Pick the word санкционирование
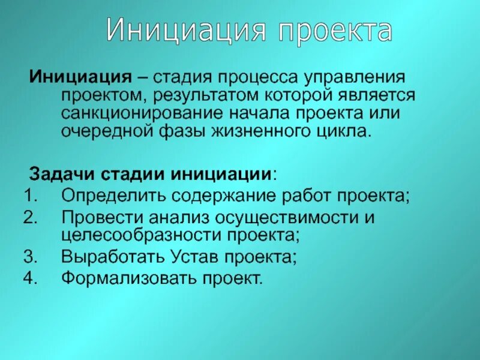pos(140,113)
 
